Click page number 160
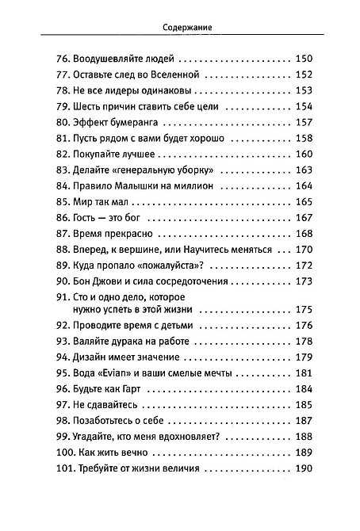[304, 154]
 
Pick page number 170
[304, 249]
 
